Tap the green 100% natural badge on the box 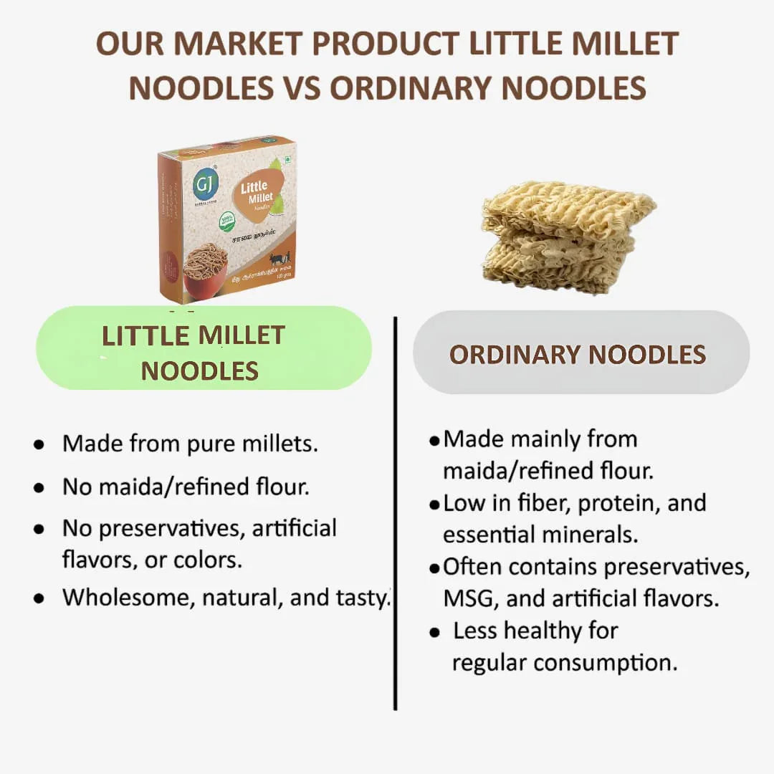pyautogui.click(x=227, y=221)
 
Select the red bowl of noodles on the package pyautogui.click(x=204, y=272)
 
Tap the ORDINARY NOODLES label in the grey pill pyautogui.click(x=578, y=355)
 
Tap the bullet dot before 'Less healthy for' pyautogui.click(x=434, y=633)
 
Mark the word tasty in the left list pyautogui.click(x=363, y=598)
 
